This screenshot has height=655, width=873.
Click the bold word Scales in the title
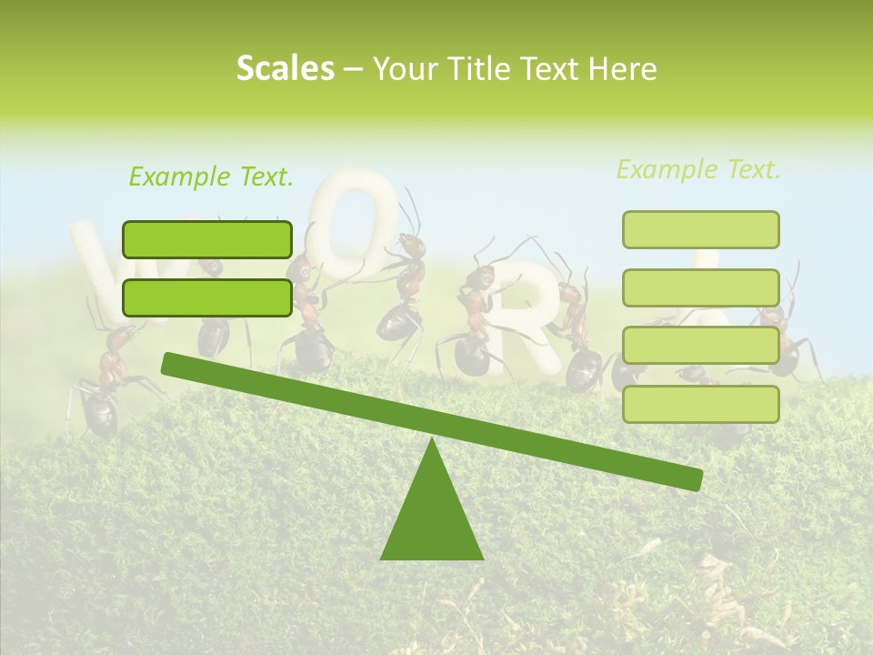click(x=285, y=69)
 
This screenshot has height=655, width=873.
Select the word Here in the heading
click(x=623, y=69)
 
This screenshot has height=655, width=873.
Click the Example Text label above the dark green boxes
click(x=211, y=176)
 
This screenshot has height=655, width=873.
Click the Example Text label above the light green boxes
click(x=698, y=169)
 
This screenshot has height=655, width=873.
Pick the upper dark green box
click(x=207, y=239)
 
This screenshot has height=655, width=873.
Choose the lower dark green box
click(x=207, y=297)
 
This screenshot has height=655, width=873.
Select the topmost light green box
click(x=700, y=229)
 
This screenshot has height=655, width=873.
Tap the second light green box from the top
click(x=700, y=287)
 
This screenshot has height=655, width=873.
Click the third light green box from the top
click(x=700, y=346)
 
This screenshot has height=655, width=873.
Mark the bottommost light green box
click(x=700, y=404)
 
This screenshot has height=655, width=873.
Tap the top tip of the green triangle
click(x=431, y=440)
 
